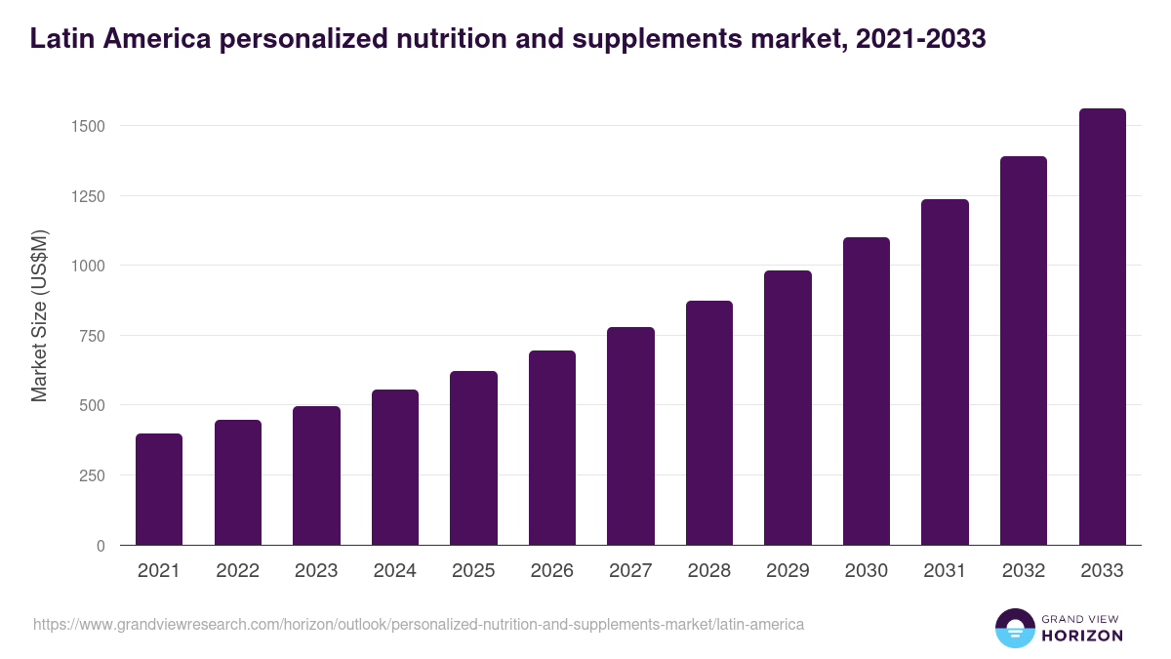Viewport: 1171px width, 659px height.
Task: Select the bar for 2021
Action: click(x=159, y=489)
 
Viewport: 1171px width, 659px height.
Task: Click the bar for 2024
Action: click(x=395, y=468)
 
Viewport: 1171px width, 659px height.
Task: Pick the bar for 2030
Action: click(x=867, y=391)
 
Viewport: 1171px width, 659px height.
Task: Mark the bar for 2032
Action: click(x=1024, y=350)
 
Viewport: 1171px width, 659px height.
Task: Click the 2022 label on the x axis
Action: click(x=238, y=571)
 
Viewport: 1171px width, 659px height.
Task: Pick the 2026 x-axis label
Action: click(x=552, y=571)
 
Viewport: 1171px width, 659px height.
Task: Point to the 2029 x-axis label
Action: click(x=787, y=571)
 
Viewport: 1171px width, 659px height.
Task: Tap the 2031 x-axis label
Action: click(x=945, y=571)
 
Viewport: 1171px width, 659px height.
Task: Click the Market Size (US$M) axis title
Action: click(x=39, y=315)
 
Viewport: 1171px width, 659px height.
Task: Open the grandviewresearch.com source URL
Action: click(x=419, y=624)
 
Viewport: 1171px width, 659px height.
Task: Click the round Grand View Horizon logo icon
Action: click(x=1014, y=628)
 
